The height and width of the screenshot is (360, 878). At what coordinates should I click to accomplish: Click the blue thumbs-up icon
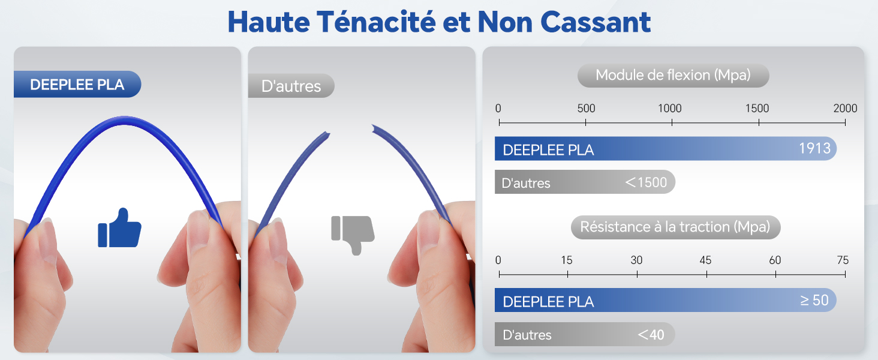(x=119, y=228)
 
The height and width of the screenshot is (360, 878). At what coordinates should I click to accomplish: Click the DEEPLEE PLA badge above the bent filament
(x=77, y=85)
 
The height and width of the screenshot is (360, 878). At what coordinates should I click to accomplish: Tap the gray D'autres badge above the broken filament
(x=291, y=86)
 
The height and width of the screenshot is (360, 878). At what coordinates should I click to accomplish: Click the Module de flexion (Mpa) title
(x=673, y=76)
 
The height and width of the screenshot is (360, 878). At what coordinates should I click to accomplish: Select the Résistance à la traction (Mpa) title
(x=675, y=227)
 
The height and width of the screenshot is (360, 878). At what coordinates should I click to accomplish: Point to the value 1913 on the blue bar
(x=814, y=148)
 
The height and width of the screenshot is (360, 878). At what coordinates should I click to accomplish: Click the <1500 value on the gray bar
(x=646, y=182)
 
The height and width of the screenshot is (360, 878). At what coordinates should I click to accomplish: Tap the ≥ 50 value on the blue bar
(x=814, y=299)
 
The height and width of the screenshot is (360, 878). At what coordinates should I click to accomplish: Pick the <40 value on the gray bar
(x=651, y=334)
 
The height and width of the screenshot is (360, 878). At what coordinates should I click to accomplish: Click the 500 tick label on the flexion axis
(x=586, y=109)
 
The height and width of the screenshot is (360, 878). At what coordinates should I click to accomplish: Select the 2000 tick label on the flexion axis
(x=845, y=109)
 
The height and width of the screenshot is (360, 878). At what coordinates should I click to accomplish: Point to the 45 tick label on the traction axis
(x=706, y=260)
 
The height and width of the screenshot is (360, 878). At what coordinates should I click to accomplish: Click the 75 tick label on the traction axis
(x=843, y=260)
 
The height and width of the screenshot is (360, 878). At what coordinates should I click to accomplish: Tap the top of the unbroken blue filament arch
(x=124, y=120)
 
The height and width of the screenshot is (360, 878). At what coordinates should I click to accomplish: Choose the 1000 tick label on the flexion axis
(x=670, y=109)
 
